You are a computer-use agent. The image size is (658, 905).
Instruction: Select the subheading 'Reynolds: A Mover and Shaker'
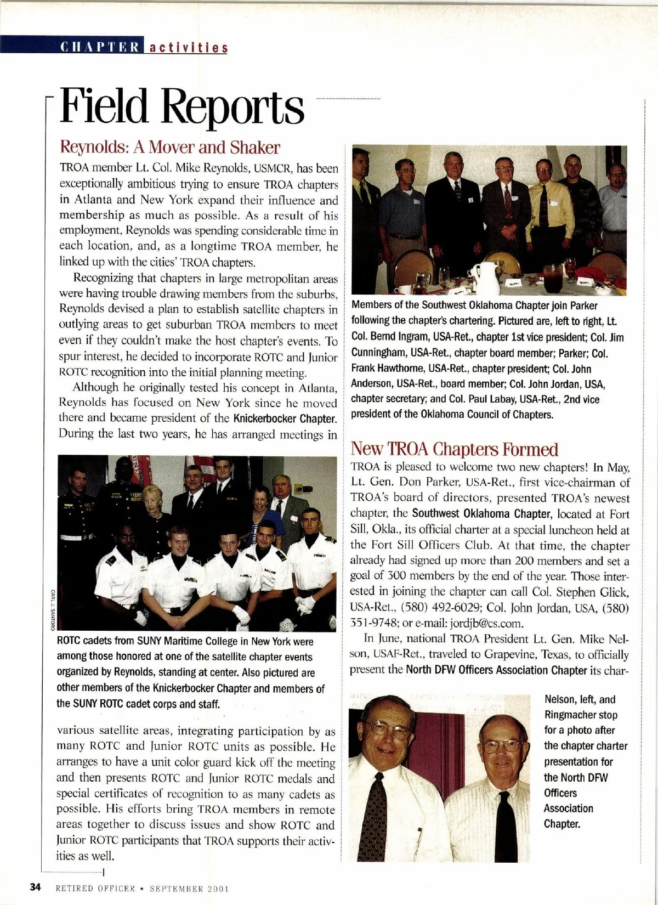(x=169, y=148)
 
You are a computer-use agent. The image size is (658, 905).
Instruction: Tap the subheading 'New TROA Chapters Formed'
(x=454, y=449)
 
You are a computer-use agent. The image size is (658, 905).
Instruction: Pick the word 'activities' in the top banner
(x=188, y=47)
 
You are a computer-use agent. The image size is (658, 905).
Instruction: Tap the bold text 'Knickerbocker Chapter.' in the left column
(x=285, y=419)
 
